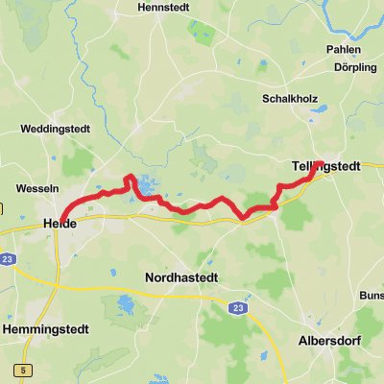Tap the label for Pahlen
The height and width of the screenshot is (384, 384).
coord(343,49)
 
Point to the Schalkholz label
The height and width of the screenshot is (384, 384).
coord(290,99)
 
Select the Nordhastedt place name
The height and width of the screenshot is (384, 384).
coord(181,277)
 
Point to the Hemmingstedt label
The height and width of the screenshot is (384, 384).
coord(45,329)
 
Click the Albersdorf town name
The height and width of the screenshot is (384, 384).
coord(328,341)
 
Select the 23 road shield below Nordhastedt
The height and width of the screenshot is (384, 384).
coord(235,307)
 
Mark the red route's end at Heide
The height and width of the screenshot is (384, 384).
coord(60,219)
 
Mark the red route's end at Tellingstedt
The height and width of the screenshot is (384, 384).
coord(319,164)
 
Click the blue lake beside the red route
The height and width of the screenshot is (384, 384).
coord(146,183)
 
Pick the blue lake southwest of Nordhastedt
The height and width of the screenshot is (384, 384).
coord(126,306)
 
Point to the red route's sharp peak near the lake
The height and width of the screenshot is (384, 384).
coord(130,177)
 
